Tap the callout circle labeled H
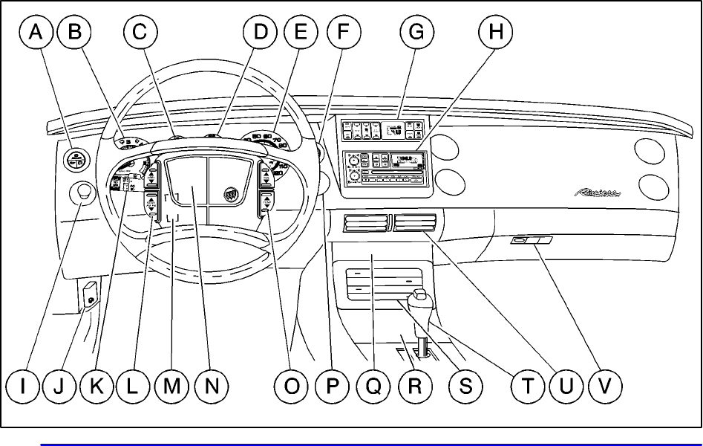(493, 33)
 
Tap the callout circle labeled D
(260, 33)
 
